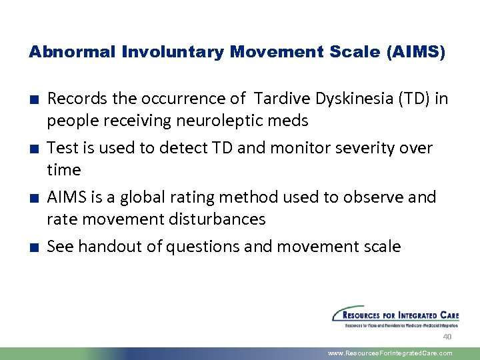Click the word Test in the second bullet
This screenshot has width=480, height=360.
pyautogui.click(x=61, y=148)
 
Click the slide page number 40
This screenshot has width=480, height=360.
pyautogui.click(x=447, y=337)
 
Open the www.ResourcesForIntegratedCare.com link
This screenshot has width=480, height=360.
pyautogui.click(x=390, y=353)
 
